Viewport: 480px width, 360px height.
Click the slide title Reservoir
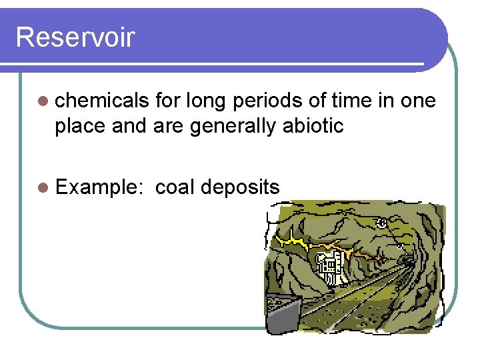click(75, 37)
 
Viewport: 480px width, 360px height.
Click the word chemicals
click(102, 101)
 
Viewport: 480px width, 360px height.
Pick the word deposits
click(240, 187)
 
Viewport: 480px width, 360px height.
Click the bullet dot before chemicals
click(43, 101)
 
